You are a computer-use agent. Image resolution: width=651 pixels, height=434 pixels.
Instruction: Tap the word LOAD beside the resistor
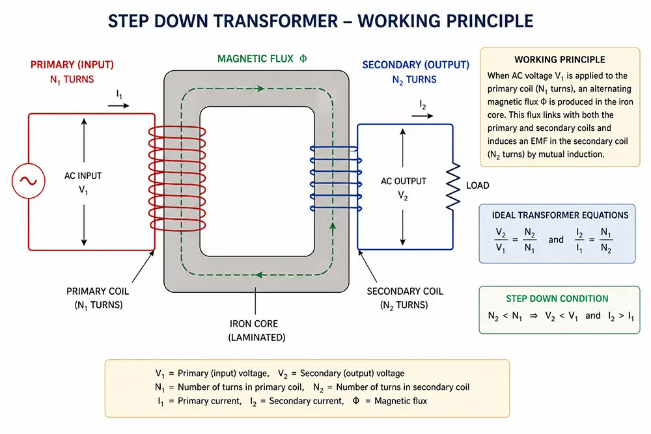pyautogui.click(x=477, y=185)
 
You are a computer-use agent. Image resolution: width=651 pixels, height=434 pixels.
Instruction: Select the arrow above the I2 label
pyautogui.click(x=422, y=116)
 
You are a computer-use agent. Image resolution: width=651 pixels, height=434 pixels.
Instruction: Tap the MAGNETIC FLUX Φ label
pyautogui.click(x=262, y=58)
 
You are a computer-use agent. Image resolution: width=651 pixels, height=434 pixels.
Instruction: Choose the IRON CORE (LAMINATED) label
pyautogui.click(x=256, y=331)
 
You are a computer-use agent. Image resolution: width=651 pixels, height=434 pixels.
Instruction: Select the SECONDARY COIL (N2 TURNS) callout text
pyautogui.click(x=404, y=298)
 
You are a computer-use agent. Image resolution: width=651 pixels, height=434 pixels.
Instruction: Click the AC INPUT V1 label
pyautogui.click(x=83, y=182)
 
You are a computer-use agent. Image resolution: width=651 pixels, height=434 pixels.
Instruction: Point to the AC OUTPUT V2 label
pyautogui.click(x=404, y=187)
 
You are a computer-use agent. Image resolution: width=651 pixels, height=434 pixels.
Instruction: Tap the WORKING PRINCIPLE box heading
pyautogui.click(x=559, y=60)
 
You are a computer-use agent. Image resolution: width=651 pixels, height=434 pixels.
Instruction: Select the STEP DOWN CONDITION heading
pyautogui.click(x=557, y=299)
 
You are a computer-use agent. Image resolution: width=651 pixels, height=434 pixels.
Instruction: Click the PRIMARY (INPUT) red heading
pyautogui.click(x=72, y=65)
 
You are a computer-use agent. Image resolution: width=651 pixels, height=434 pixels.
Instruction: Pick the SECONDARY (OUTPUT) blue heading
pyautogui.click(x=415, y=65)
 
